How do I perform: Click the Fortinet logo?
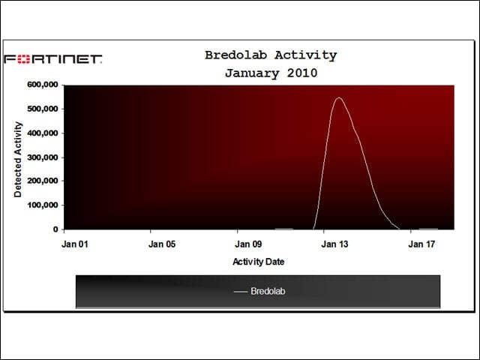[x=53, y=58]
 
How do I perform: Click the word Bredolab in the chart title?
[x=235, y=55]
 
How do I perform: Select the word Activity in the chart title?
[x=305, y=55]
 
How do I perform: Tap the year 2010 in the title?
[x=301, y=73]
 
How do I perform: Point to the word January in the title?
[x=252, y=73]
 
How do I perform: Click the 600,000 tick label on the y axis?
[x=43, y=85]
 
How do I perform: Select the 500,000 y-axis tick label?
[x=43, y=109]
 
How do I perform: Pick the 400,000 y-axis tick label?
[x=43, y=133]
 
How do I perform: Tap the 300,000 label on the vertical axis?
[x=43, y=157]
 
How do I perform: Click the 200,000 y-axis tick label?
[x=43, y=181]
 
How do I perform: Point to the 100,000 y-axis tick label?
[x=43, y=205]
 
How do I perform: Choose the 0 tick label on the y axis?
[x=55, y=229]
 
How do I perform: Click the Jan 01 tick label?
[x=75, y=244]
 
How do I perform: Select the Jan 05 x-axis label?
[x=162, y=244]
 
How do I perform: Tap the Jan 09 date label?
[x=248, y=244]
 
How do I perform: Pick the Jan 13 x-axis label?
[x=334, y=244]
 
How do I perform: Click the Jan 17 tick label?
[x=421, y=244]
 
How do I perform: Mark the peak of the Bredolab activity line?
[x=339, y=97]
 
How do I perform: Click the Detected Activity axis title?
[x=18, y=160]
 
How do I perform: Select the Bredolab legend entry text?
[x=268, y=291]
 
